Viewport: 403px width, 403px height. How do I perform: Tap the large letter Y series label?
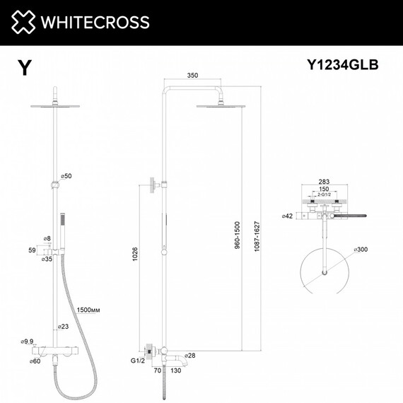[25, 67]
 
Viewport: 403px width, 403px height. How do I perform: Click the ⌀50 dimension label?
[67, 175]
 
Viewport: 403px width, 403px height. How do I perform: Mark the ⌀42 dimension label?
[287, 215]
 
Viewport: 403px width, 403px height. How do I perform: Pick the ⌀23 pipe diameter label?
[65, 327]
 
